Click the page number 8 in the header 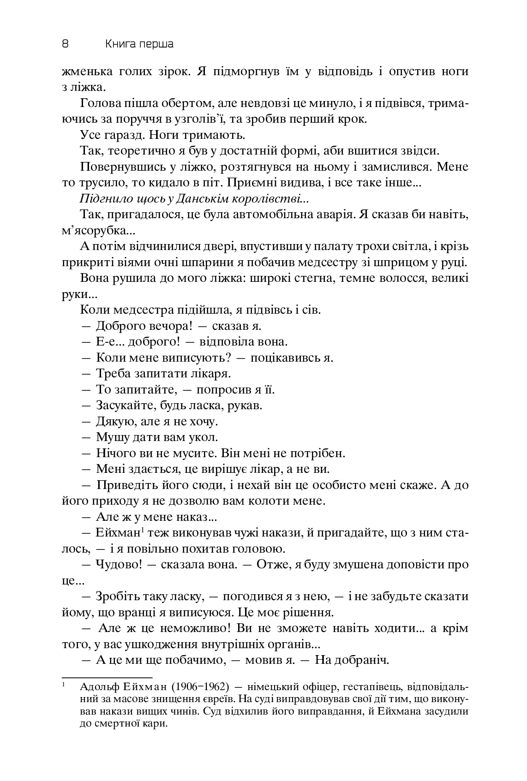tap(65, 44)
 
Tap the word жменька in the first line tap(84, 72)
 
